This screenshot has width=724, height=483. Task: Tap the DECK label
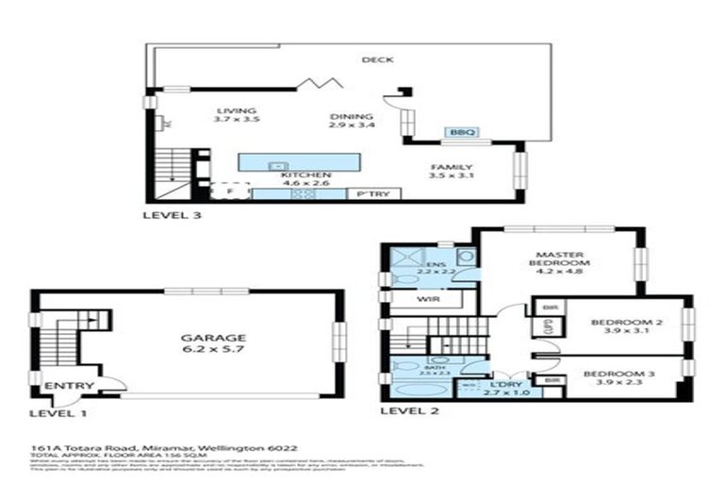(x=376, y=59)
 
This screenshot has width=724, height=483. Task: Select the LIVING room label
(x=236, y=110)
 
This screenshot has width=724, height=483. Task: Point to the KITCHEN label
(x=304, y=175)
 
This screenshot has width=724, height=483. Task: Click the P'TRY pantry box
(x=373, y=194)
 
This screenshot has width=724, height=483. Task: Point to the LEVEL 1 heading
(x=58, y=412)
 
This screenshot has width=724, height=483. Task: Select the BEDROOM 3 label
(x=619, y=375)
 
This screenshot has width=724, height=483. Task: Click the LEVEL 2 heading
(x=408, y=411)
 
